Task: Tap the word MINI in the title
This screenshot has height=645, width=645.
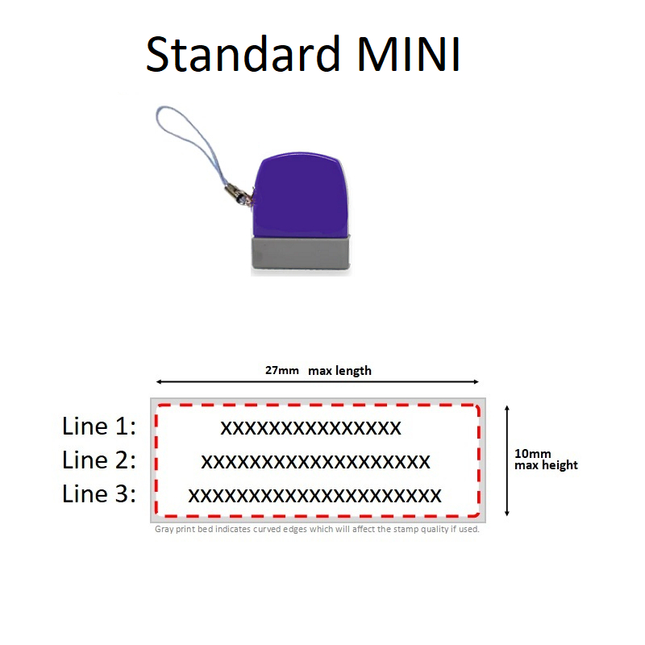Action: tap(410, 55)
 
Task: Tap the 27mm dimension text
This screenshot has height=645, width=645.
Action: tap(281, 371)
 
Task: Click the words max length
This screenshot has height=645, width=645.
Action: tap(339, 371)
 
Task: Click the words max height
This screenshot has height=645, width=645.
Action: tap(546, 465)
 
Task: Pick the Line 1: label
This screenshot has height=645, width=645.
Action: tap(99, 426)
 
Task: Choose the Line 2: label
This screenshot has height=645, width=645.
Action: tap(99, 460)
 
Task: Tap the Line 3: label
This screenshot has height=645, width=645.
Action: tap(99, 494)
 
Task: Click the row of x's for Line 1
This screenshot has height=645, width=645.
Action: tap(310, 427)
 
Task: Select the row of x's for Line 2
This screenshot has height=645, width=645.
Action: tap(315, 462)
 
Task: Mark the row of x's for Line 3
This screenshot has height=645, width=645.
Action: tap(315, 495)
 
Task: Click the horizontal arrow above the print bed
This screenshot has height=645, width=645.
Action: tap(318, 382)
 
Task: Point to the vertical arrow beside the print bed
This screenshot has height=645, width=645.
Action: tap(506, 460)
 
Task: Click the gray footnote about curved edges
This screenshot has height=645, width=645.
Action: tap(317, 530)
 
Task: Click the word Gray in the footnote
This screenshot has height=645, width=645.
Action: tap(164, 530)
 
